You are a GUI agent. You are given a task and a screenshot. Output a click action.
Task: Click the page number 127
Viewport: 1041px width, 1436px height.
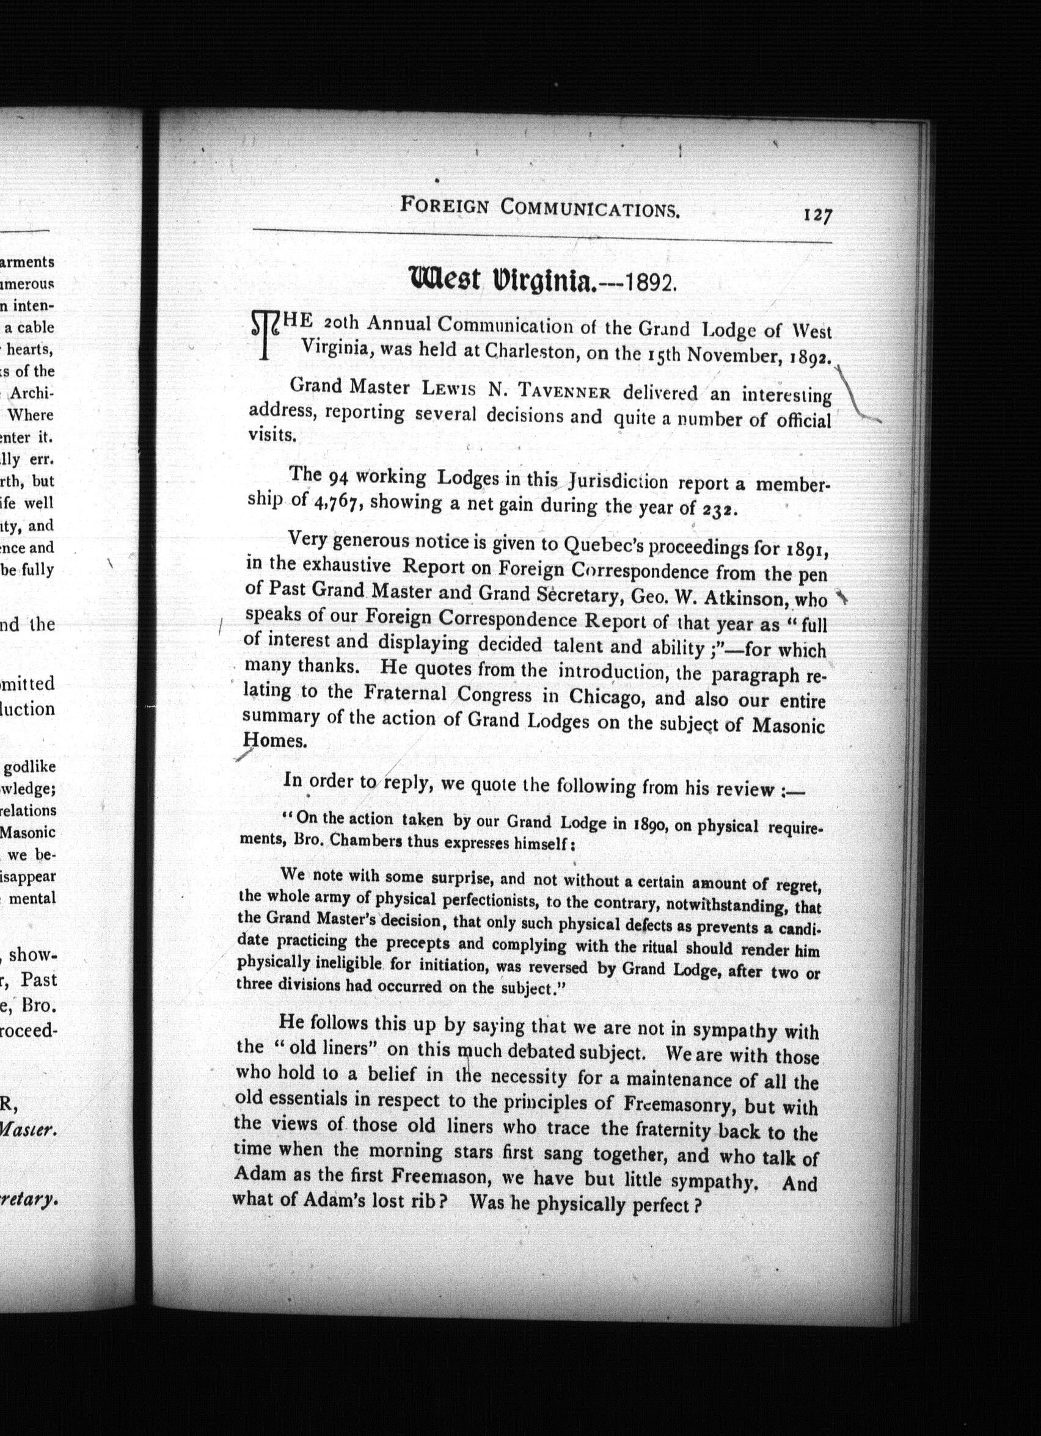[x=817, y=216]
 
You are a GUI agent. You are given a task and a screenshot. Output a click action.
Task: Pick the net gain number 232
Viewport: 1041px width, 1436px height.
[x=719, y=510]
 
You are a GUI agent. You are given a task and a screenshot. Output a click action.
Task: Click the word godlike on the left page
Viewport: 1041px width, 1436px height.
[x=29, y=767]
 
